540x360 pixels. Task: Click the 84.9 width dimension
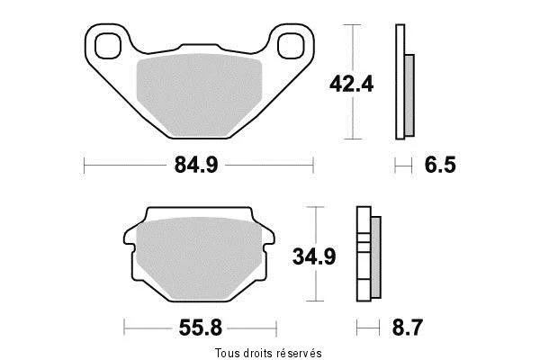point(196,165)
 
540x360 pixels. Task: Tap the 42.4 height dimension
point(351,84)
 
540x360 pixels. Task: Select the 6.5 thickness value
point(440,165)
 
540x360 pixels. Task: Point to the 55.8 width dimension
point(201,328)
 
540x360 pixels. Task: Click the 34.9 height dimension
point(314,256)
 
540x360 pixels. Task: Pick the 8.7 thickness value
point(408,328)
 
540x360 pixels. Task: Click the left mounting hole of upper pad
point(108,46)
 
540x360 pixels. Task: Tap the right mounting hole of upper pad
point(292,46)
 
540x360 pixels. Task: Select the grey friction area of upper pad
point(199,94)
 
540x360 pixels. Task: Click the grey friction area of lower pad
point(199,258)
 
